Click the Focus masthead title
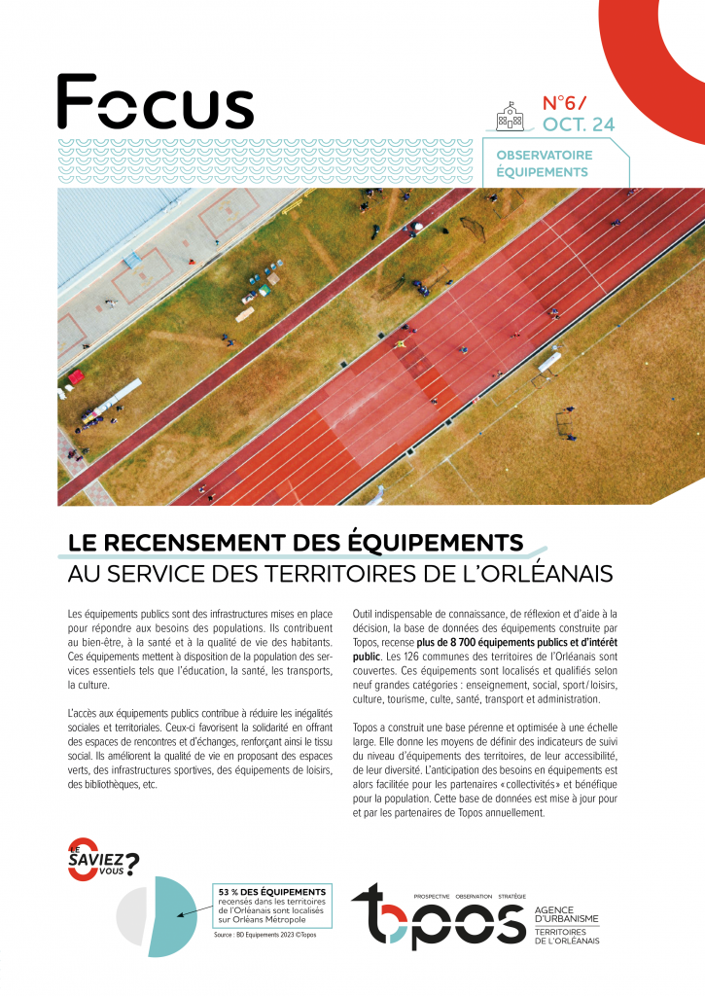click(155, 101)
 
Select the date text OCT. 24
click(579, 124)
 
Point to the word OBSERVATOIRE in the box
click(544, 155)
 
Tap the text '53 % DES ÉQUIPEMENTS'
click(271, 892)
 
